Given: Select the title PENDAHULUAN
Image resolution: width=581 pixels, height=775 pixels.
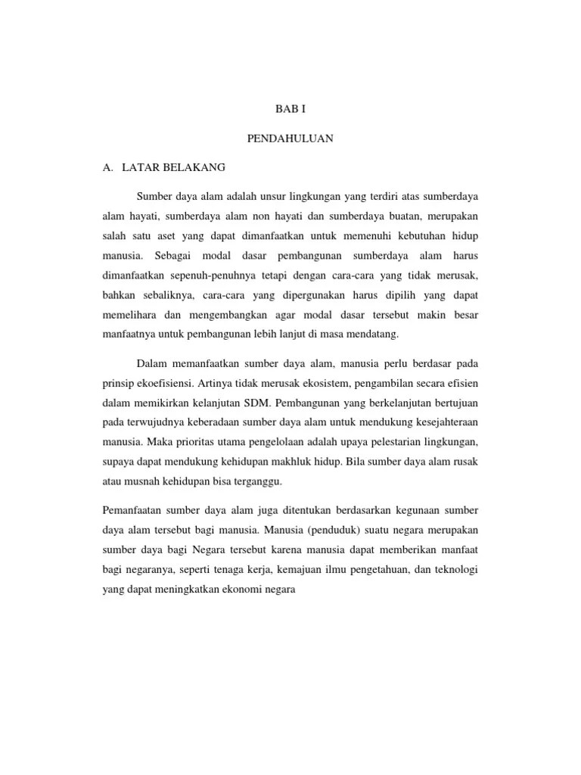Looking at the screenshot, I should pyautogui.click(x=290, y=139).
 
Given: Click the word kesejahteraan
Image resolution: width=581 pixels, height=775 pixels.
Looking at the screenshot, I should pyautogui.click(x=443, y=422).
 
